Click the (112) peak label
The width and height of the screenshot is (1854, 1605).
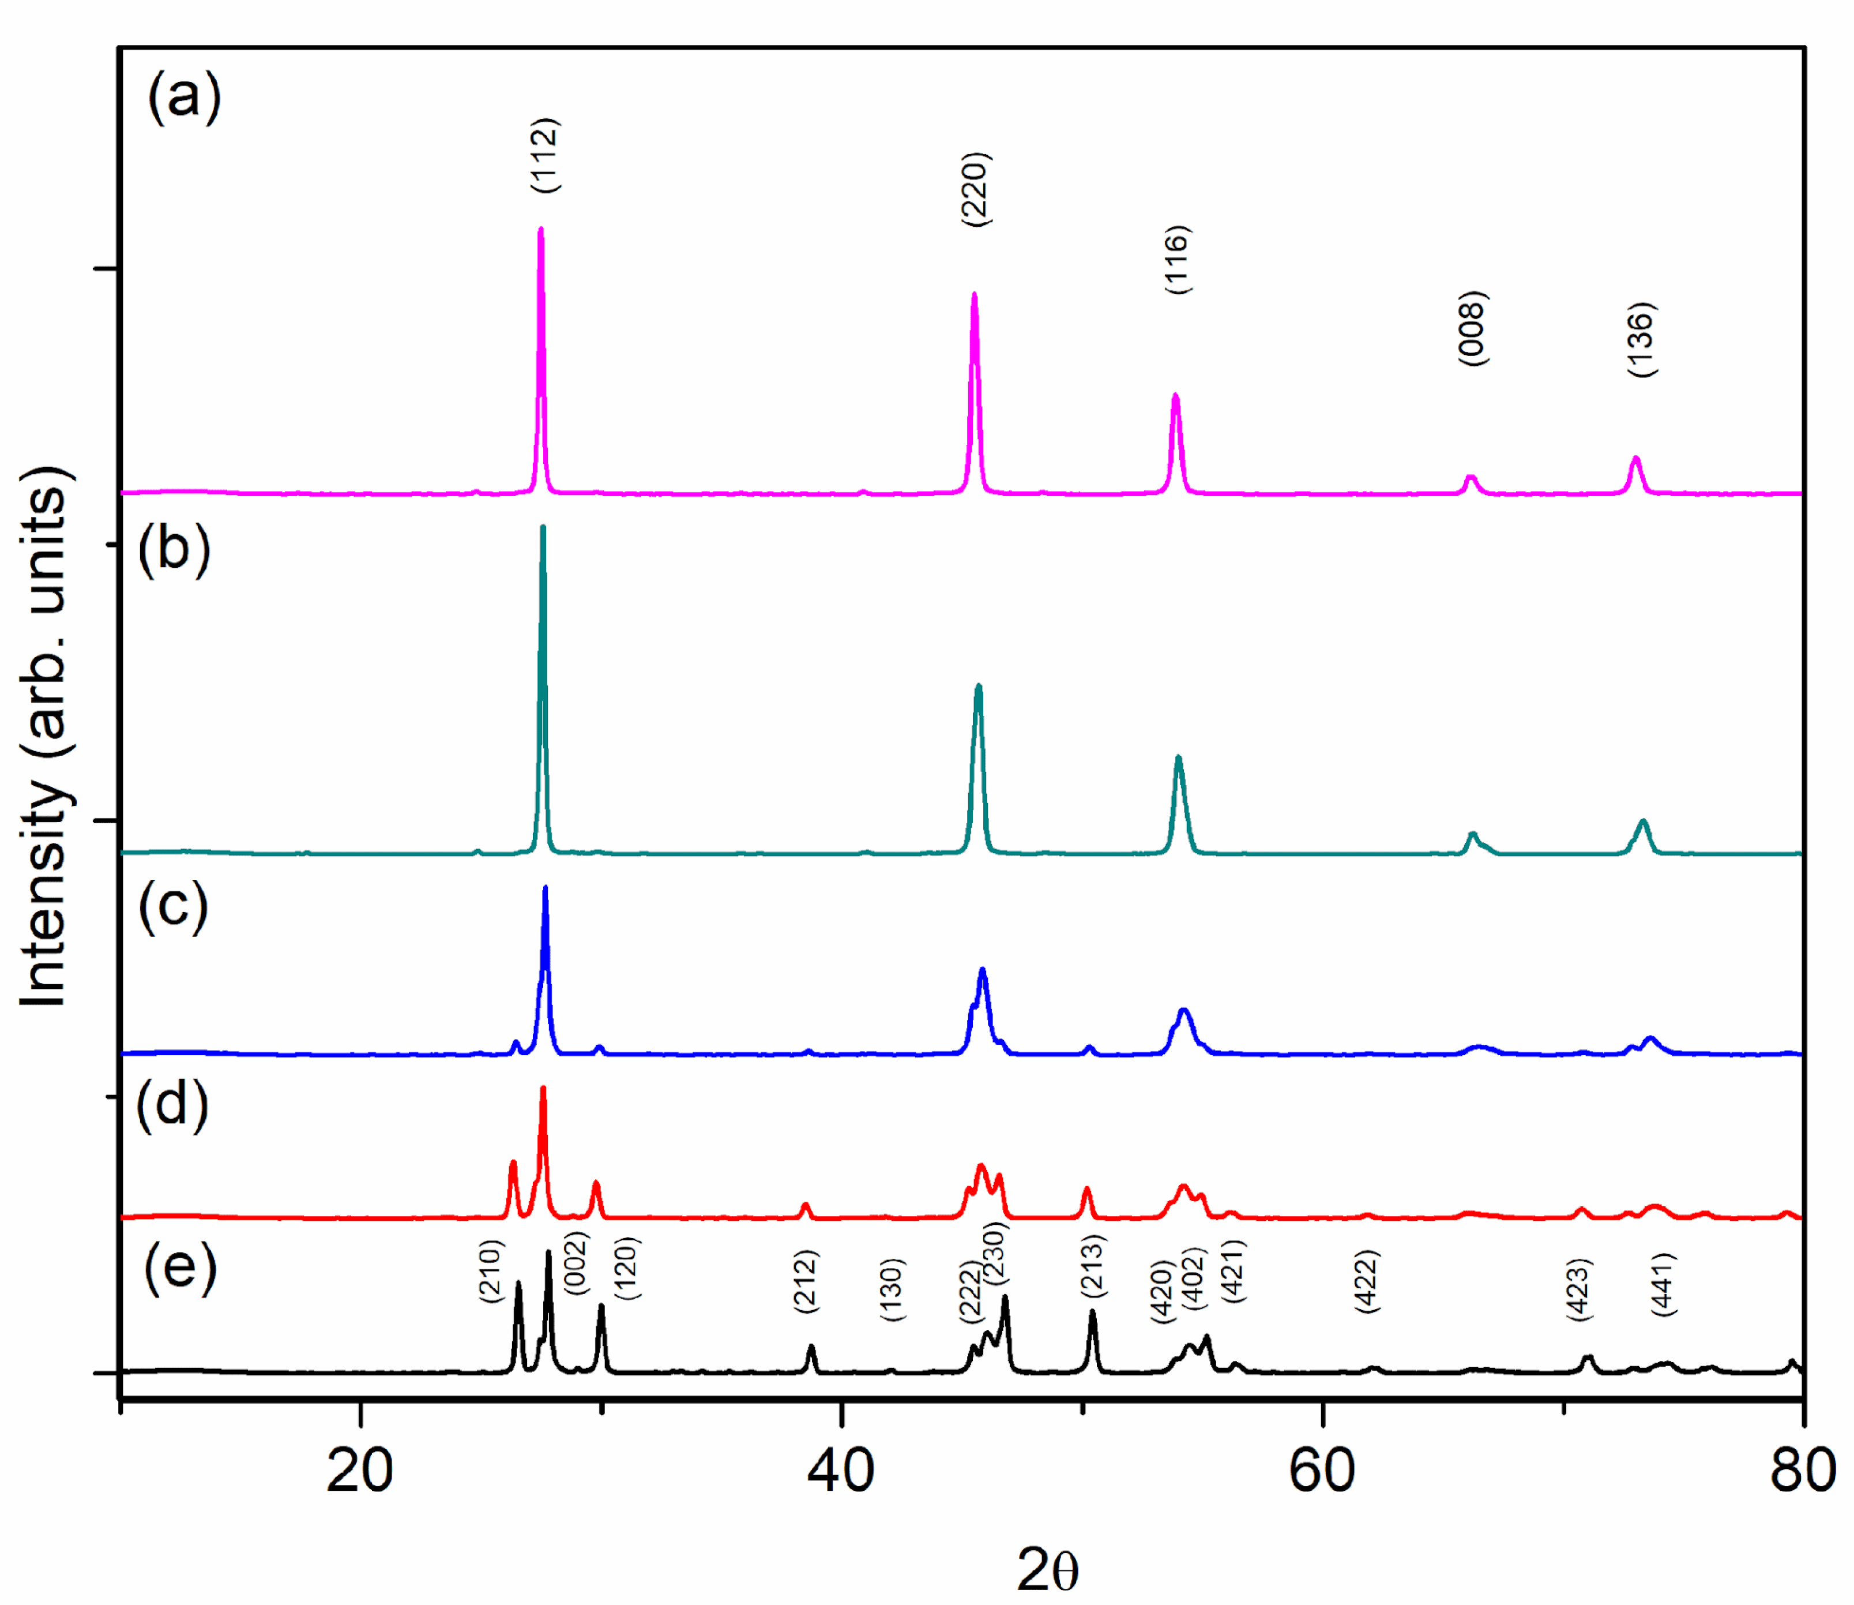pos(545,155)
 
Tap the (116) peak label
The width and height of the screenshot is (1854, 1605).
pos(1178,260)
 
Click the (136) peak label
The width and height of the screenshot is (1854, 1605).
pos(1641,340)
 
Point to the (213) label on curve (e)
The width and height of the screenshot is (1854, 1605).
pos(1093,1266)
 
